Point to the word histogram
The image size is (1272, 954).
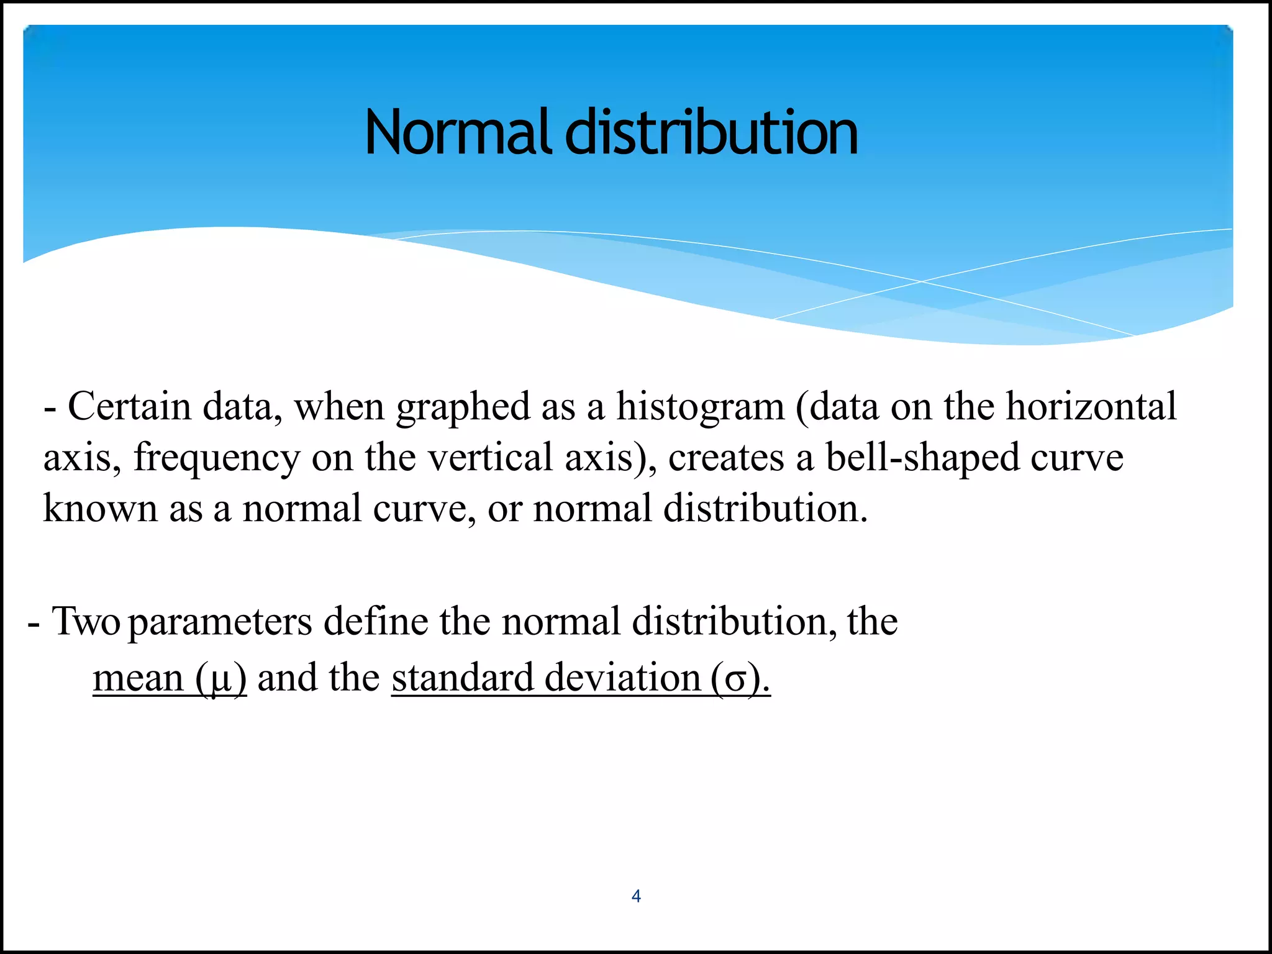coord(701,408)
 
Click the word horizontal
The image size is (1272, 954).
coord(1091,407)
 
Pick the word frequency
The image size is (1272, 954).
coord(217,459)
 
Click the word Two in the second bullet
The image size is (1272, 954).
coord(86,621)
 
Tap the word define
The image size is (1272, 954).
coord(376,621)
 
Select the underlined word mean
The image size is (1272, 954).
coord(138,678)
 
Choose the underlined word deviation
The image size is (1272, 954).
coord(623,678)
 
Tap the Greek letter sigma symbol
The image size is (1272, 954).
coord(735,680)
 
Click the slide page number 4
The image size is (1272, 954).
coord(636,896)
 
